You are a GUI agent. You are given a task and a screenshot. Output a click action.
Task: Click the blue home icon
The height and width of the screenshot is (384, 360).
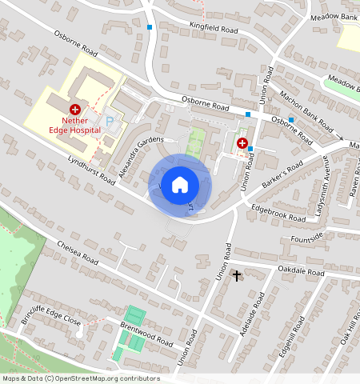[x=180, y=184]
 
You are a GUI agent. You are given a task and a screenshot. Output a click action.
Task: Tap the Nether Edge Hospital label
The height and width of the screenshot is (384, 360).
[x=74, y=125]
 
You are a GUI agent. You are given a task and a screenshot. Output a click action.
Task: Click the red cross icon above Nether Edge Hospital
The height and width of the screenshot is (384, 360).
[x=74, y=108]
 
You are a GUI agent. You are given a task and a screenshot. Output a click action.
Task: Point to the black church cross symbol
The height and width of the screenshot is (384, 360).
[x=236, y=276]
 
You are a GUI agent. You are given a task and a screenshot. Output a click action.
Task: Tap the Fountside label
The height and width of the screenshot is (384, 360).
[x=307, y=237]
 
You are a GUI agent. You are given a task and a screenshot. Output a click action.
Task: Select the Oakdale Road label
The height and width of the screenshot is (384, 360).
[x=297, y=273]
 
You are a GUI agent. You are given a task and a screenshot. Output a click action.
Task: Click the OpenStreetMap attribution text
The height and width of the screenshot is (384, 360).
[x=80, y=378]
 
